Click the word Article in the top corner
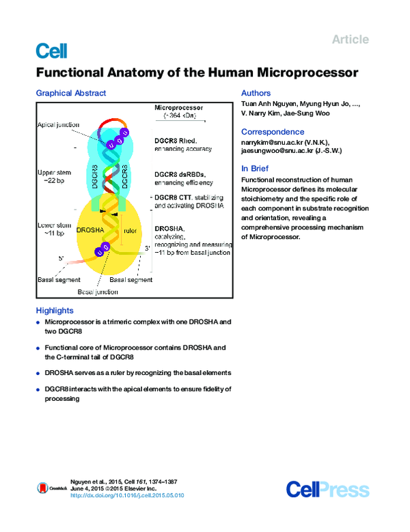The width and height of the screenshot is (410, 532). (350, 40)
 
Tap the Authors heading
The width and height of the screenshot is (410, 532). (256, 93)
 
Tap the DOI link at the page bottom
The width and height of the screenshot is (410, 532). (127, 496)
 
